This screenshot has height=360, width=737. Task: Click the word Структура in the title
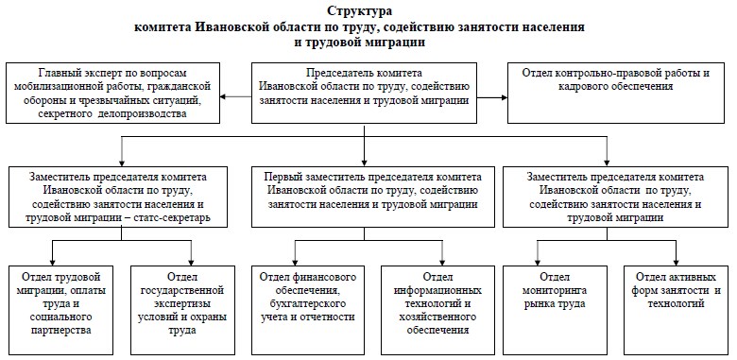359,10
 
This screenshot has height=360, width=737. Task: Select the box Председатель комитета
364,93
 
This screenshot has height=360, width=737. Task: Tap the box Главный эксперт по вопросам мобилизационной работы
112,93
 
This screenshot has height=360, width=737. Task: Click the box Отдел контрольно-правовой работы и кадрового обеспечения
616,93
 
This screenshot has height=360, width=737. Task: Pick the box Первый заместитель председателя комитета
372,197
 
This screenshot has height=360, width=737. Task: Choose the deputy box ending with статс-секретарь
118,197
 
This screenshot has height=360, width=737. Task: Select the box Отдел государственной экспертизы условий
182,310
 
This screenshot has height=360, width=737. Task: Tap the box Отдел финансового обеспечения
307,310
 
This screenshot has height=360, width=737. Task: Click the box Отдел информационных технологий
437,310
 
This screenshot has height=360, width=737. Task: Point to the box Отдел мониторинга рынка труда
555,310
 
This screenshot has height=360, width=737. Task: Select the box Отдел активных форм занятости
676,310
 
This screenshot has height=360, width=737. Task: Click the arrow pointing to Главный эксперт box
235,97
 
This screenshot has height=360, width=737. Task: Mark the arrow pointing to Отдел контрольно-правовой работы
492,97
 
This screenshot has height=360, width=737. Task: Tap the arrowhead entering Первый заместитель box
365,163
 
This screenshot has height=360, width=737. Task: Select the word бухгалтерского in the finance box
307,303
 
